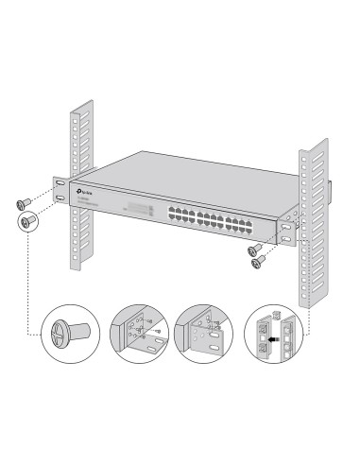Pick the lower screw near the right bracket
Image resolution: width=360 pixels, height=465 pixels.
[257, 264]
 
